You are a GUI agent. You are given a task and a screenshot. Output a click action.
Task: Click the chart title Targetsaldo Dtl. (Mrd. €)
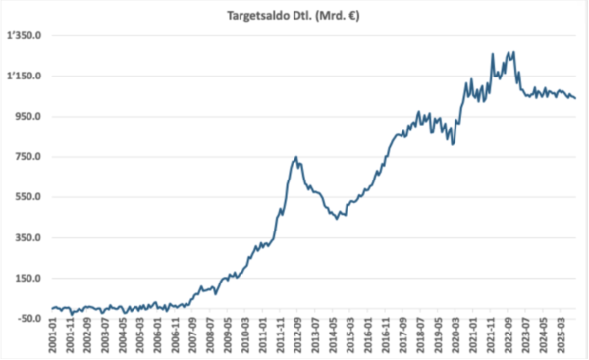(293, 16)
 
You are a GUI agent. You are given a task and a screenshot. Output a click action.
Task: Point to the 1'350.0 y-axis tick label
(24, 36)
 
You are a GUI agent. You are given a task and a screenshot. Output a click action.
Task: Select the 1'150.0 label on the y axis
(24, 77)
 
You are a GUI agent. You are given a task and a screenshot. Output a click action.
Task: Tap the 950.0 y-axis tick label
(28, 117)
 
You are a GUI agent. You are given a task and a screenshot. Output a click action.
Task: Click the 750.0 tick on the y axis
(28, 157)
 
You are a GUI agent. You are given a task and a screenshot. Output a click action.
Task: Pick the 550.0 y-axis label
(28, 197)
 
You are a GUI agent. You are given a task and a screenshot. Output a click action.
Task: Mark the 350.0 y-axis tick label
(28, 237)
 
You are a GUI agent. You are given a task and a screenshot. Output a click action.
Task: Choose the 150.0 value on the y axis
(28, 279)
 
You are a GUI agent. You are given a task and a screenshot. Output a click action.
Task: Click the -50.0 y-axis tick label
(27, 319)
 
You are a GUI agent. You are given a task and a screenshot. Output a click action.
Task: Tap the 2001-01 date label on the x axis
(53, 336)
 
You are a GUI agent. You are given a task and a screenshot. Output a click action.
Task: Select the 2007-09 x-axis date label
(192, 336)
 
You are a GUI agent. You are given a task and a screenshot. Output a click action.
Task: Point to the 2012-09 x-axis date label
(297, 336)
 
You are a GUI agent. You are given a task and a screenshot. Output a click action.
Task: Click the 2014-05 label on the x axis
(333, 336)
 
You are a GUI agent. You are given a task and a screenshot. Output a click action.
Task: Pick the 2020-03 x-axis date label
(455, 336)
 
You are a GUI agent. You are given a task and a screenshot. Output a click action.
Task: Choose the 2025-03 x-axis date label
(561, 336)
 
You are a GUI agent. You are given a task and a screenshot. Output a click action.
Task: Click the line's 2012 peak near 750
(296, 157)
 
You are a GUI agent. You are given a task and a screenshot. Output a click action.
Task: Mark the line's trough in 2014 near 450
(337, 219)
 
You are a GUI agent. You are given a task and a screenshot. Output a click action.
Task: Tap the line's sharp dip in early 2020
(453, 144)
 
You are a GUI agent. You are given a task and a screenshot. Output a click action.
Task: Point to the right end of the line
(575, 98)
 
